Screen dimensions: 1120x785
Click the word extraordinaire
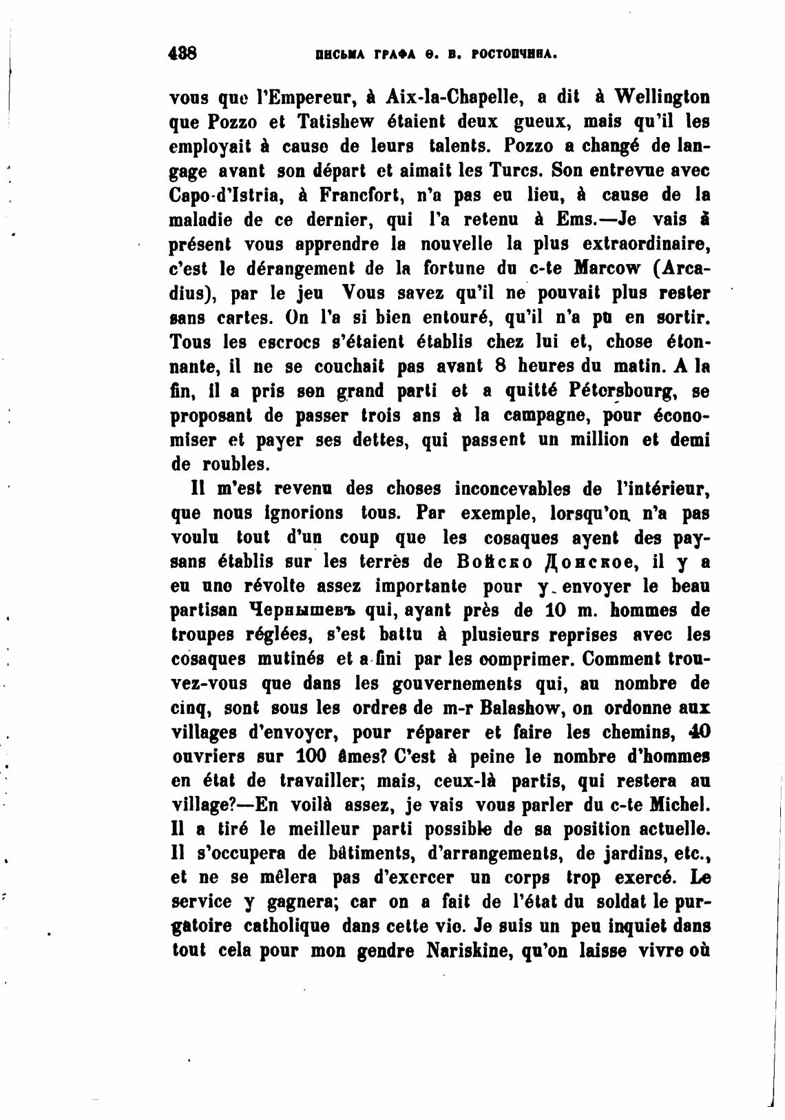(646, 244)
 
